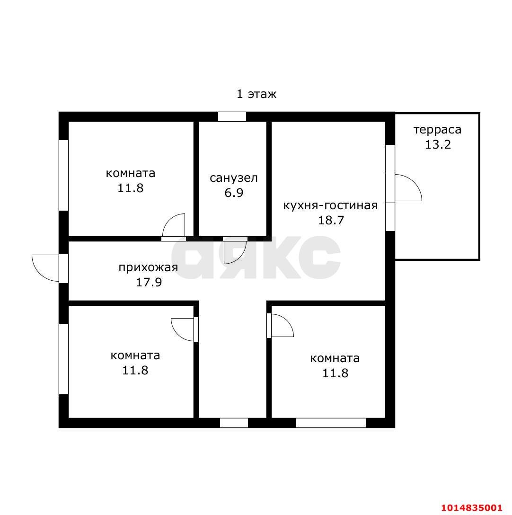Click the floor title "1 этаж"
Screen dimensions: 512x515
(256, 94)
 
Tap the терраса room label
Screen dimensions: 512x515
(437, 130)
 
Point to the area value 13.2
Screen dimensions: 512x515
(438, 144)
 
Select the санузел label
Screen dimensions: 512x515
(233, 178)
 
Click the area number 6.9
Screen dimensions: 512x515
(233, 193)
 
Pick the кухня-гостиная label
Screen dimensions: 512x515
(330, 205)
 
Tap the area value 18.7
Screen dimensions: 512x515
(331, 220)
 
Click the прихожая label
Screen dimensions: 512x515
(148, 268)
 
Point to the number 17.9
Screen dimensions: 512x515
(149, 282)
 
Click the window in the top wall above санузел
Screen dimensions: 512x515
(232, 116)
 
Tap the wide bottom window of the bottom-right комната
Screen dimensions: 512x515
(331, 423)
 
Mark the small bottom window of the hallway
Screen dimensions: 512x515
(234, 423)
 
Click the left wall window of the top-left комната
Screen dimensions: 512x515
(64, 175)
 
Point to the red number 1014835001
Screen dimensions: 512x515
(472, 507)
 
